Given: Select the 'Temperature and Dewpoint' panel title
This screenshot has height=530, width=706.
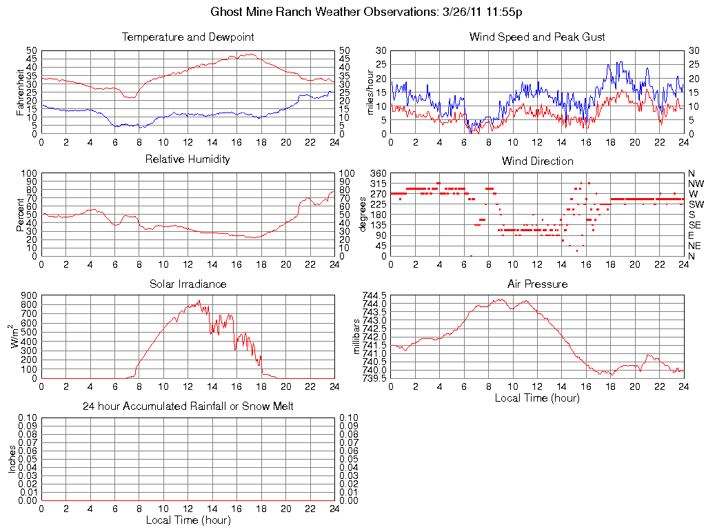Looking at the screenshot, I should tap(188, 37).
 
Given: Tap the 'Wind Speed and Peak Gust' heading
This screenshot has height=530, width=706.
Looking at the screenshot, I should tap(537, 37).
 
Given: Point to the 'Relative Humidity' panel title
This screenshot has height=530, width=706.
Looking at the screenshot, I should tap(188, 159).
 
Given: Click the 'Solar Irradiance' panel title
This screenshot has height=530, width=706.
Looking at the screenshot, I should tap(188, 284).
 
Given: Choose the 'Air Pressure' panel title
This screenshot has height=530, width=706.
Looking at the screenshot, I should tap(537, 284).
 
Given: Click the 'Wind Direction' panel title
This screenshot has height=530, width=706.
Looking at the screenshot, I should tap(537, 161).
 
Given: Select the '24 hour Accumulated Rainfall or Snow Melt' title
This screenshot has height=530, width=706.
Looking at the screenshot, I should tap(188, 406).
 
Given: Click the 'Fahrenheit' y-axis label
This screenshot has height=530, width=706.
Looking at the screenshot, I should tap(20, 92).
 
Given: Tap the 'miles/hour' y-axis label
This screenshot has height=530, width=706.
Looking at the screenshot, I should tap(370, 92).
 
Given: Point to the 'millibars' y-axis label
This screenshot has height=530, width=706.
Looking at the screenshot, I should tap(357, 337).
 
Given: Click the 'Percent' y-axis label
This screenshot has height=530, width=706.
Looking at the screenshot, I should tap(20, 215).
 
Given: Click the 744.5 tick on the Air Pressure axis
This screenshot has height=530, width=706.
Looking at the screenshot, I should tap(375, 295).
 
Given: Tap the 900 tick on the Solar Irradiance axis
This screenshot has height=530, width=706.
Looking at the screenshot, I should tap(29, 295).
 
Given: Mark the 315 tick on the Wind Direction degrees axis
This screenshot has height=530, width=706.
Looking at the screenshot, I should tap(378, 184).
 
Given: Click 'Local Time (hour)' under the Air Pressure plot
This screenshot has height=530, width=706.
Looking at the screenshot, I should tap(537, 397).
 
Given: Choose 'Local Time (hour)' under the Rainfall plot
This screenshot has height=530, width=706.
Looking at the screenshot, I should tap(188, 520).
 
